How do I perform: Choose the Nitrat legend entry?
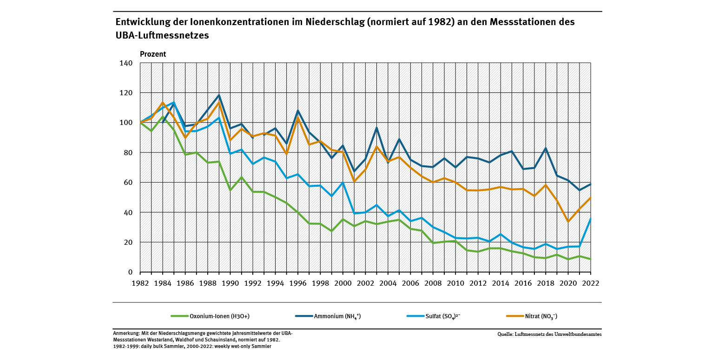click(x=540, y=316)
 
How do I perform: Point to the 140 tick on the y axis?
click(x=127, y=63)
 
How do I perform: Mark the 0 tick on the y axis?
click(x=131, y=272)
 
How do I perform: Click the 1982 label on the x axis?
click(x=140, y=283)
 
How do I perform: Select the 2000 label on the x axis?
click(x=343, y=283)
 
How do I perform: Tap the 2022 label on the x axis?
click(x=591, y=283)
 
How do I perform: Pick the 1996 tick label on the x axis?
click(x=298, y=283)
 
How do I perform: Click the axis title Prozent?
click(x=153, y=54)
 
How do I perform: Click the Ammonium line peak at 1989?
click(x=219, y=95)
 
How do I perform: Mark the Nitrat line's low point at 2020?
click(x=568, y=222)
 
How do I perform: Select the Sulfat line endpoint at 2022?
click(x=591, y=218)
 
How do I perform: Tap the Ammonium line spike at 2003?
click(x=377, y=128)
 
